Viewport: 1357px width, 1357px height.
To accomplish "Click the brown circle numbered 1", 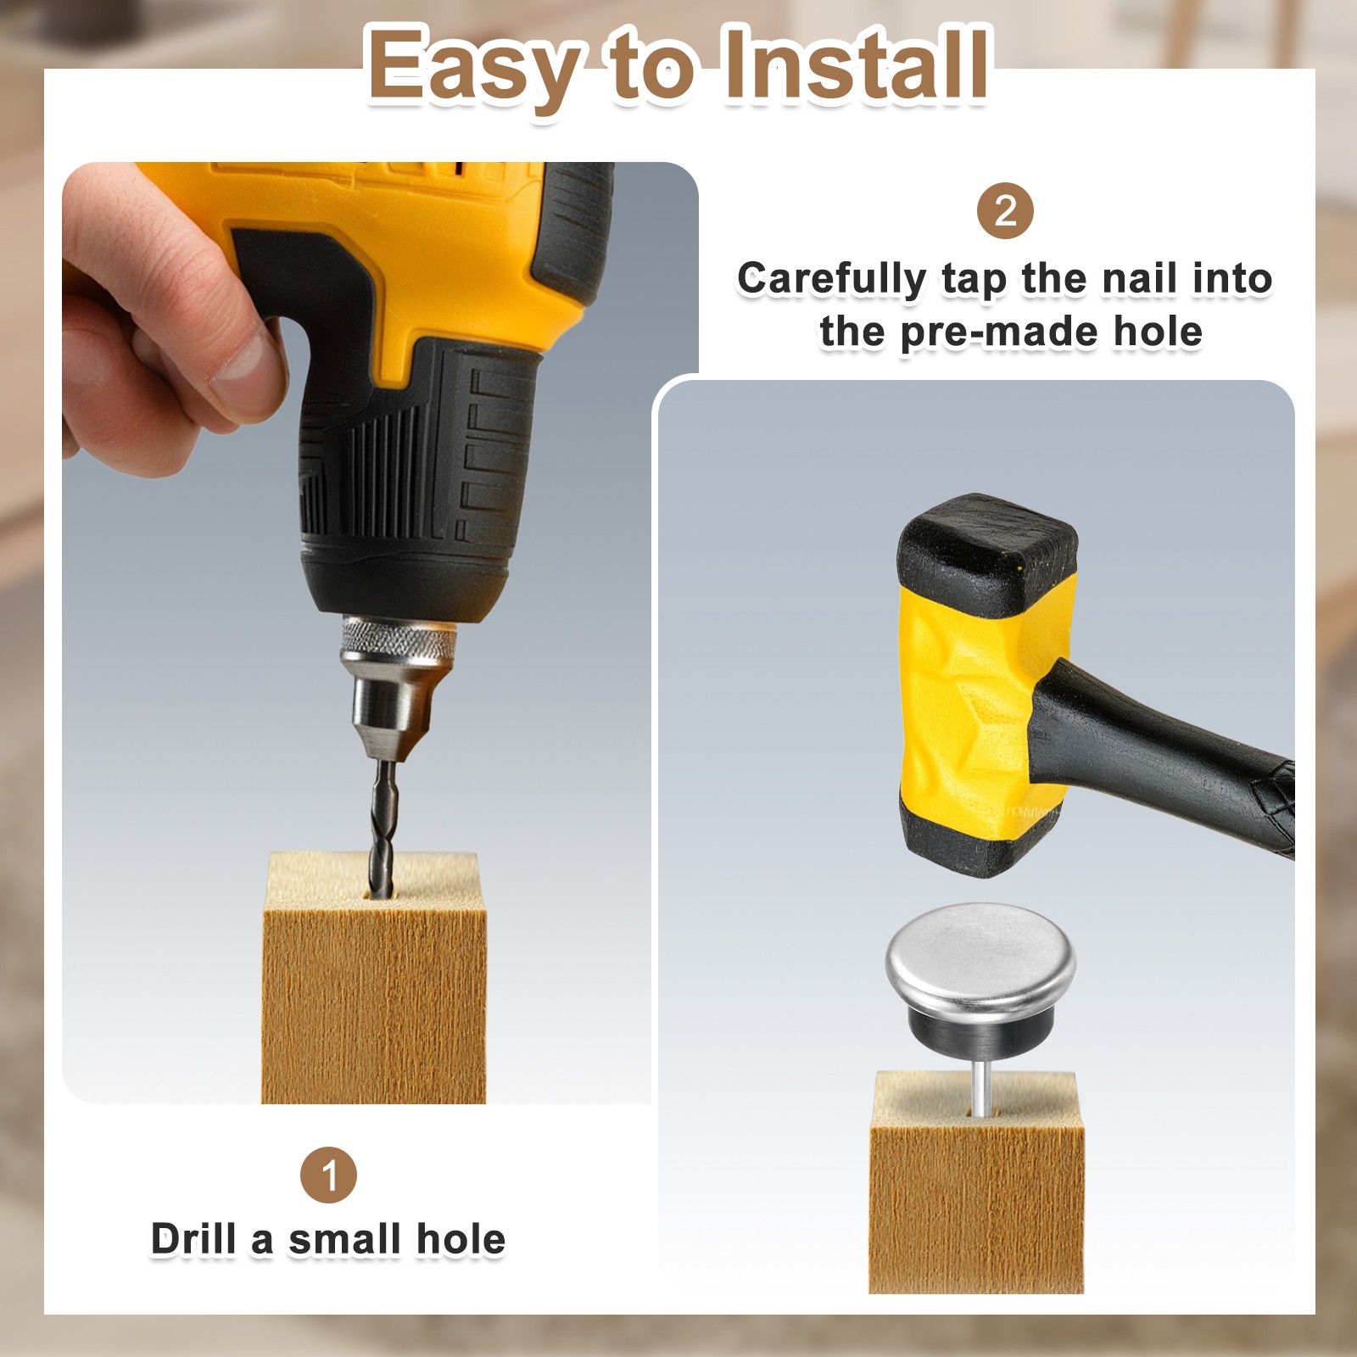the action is [328, 1175].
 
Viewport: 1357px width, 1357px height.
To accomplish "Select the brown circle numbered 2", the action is [1005, 211].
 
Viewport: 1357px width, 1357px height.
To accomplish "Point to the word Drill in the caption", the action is [195, 1239].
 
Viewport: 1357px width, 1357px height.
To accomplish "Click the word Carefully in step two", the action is [832, 279].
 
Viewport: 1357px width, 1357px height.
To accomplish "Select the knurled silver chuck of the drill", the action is [399, 639].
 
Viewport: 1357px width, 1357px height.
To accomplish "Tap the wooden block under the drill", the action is [374, 980].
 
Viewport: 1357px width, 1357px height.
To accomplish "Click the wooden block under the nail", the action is [977, 1183].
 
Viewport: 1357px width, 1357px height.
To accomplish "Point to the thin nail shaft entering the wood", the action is [980, 1087].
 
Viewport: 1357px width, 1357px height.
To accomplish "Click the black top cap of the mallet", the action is [988, 551].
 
